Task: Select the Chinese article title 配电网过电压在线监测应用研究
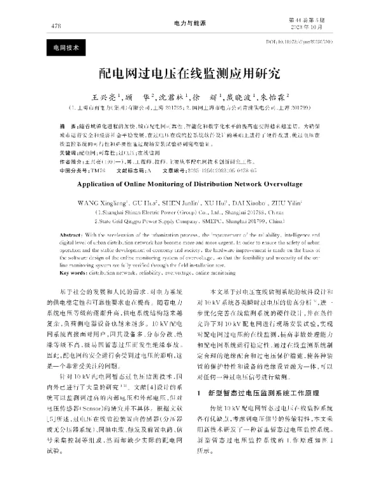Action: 189,73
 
